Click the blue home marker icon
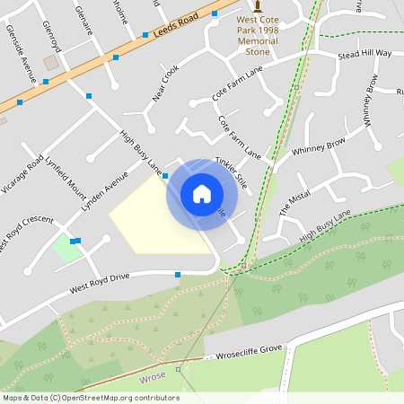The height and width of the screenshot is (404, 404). (201, 194)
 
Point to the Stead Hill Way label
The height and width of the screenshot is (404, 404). (364, 54)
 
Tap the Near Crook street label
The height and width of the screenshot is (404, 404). (165, 83)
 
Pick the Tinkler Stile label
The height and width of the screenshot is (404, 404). (231, 171)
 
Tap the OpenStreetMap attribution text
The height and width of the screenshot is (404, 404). (90, 398)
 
